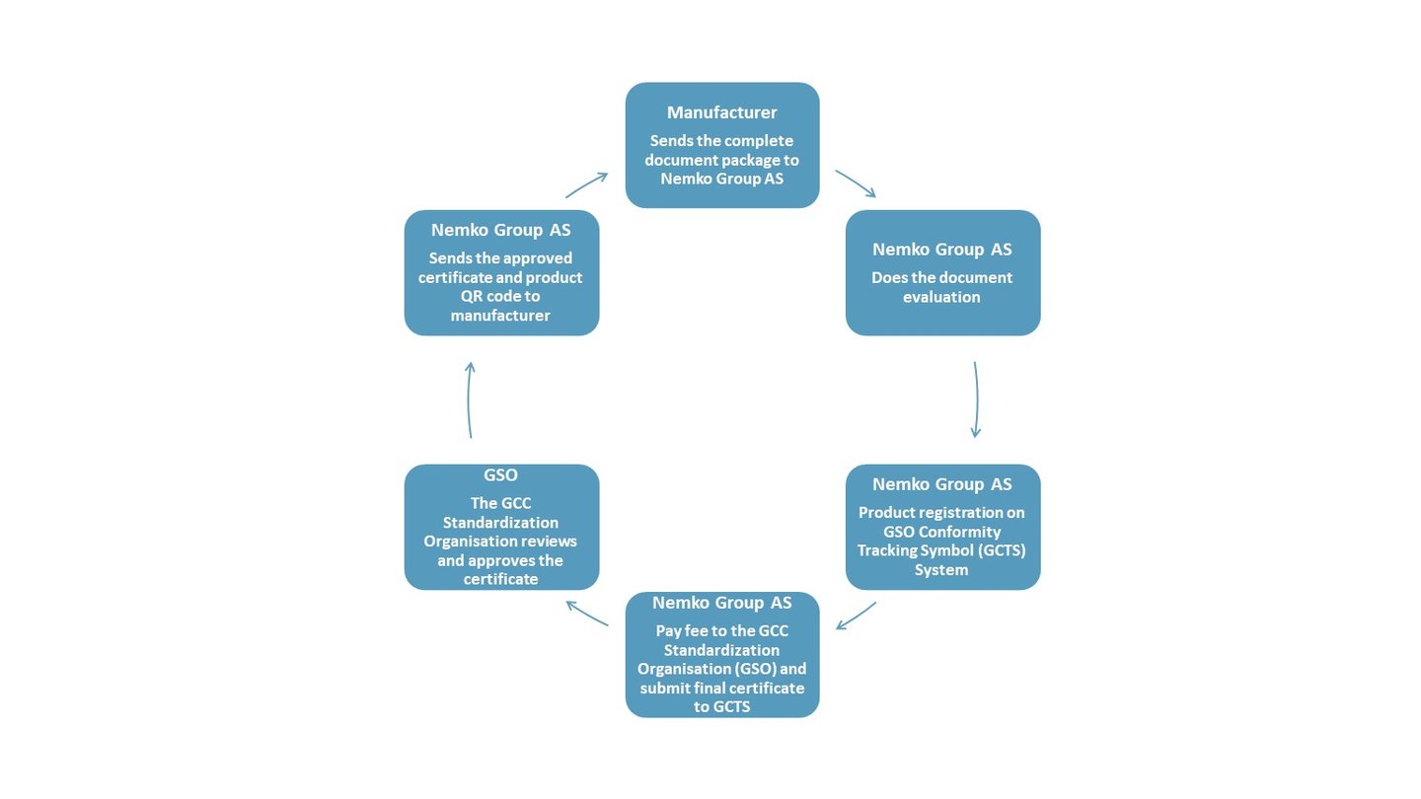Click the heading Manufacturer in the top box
pos(721,112)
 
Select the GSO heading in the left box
pos(500,474)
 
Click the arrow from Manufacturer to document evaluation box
pos(855,183)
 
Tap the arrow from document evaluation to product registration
pos(976,399)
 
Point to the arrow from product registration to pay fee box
pos(856,616)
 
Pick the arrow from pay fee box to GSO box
pos(587,613)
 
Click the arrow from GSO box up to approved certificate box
pos(470,399)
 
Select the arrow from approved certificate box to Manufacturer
pos(586,184)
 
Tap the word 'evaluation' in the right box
pos(941,297)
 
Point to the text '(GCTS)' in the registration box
pos(994,550)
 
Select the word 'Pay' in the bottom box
pos(669,630)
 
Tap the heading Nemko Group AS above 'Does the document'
pos(941,250)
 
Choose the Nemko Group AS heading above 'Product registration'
pos(941,484)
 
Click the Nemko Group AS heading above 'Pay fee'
pos(721,603)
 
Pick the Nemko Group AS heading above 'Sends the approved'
pos(500,230)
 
